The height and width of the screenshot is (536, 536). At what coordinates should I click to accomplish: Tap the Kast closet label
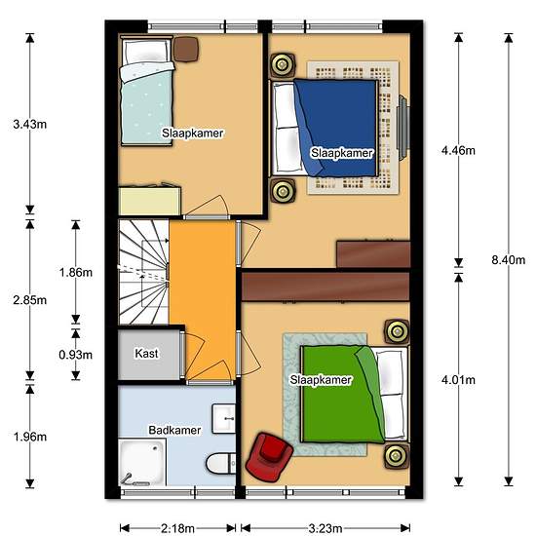pyautogui.click(x=146, y=354)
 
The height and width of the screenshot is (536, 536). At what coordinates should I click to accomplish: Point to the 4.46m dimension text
pyautogui.click(x=458, y=151)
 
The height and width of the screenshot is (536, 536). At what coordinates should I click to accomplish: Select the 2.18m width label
pyautogui.click(x=176, y=528)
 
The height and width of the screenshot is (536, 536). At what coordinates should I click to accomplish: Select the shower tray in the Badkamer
pyautogui.click(x=142, y=462)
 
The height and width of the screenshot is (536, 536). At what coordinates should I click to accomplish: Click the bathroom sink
pyautogui.click(x=225, y=418)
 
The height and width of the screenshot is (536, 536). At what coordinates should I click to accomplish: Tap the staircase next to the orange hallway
pyautogui.click(x=142, y=273)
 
